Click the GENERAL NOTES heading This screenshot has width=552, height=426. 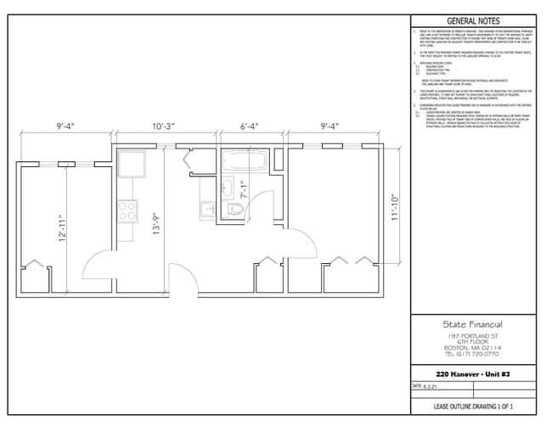point(472,21)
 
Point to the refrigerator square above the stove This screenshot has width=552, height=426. point(132,163)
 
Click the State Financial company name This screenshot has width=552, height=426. point(472,324)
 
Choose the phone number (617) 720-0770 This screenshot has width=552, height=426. point(472,354)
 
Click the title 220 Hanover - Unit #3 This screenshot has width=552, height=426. point(472,374)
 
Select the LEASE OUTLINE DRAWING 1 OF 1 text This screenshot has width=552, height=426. point(472,408)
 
